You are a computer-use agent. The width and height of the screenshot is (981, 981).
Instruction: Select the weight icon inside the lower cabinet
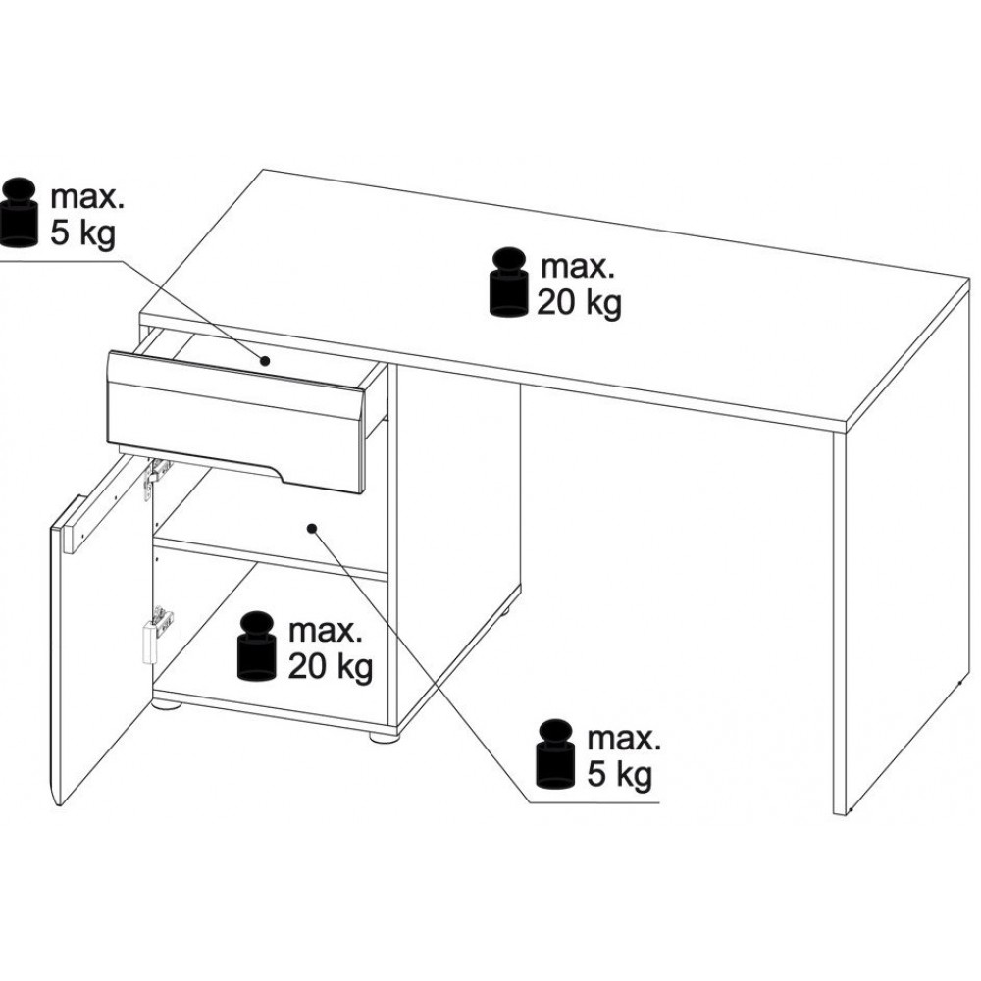tap(256, 645)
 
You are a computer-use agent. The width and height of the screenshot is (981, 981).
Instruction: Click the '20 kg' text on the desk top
tap(580, 304)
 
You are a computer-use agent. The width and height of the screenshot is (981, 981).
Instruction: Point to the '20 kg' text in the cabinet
tap(331, 667)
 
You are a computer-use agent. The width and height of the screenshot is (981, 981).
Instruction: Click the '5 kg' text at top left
tap(82, 234)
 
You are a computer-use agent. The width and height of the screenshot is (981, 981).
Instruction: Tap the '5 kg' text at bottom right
tap(619, 775)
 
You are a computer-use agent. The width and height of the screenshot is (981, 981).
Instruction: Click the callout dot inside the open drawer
tap(265, 361)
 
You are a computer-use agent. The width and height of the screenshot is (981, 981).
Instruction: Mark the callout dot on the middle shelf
tap(312, 528)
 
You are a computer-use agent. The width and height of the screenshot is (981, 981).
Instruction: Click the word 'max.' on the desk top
tap(578, 267)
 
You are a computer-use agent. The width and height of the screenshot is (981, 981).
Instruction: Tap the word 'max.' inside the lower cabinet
tap(326, 631)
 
